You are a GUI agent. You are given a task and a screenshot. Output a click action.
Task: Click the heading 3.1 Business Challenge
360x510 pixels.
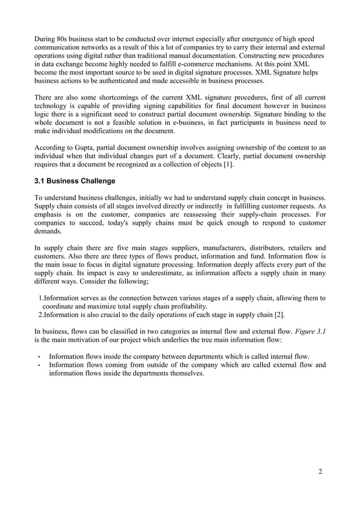74,181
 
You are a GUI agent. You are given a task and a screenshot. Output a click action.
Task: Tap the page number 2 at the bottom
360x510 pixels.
321,472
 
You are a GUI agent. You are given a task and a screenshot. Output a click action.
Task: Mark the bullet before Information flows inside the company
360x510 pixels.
38,357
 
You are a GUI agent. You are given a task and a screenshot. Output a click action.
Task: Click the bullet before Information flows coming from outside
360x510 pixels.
38,366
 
